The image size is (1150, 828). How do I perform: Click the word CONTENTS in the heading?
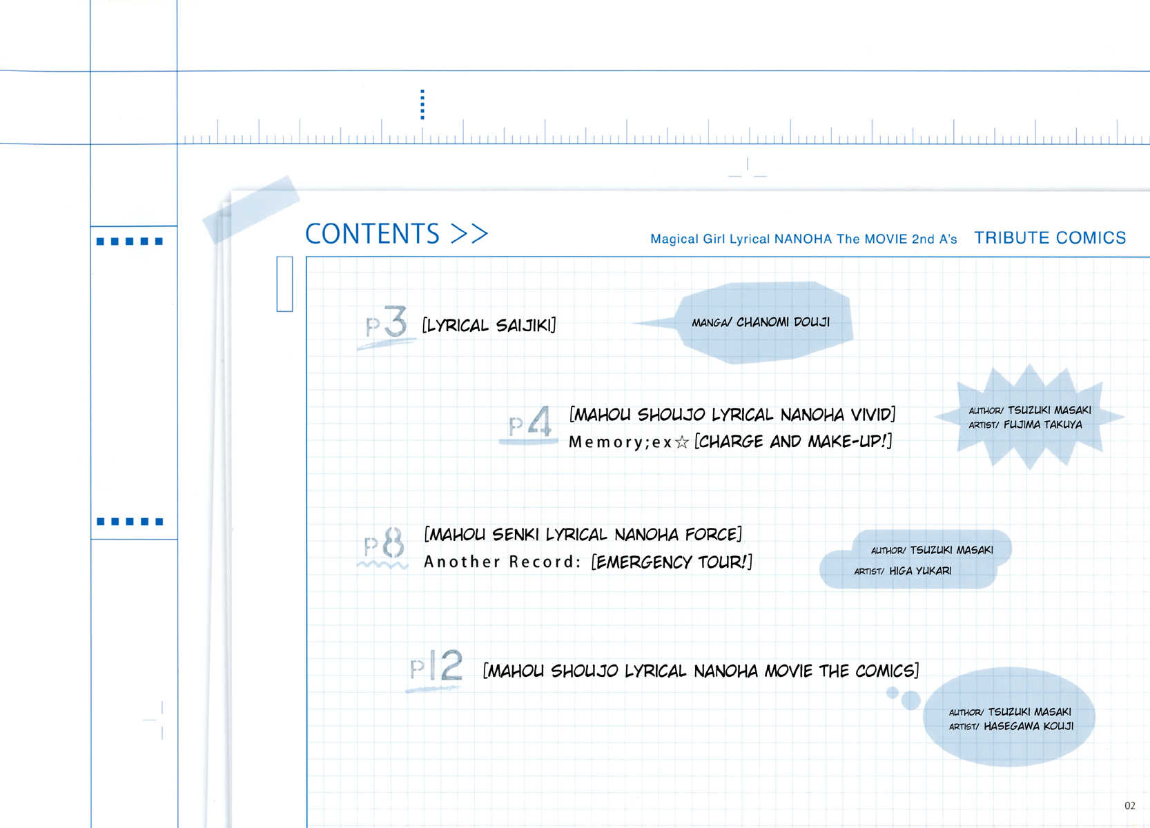tap(372, 233)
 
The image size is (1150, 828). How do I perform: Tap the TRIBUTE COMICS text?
tap(1050, 237)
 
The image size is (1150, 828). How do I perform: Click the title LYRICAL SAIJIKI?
tap(489, 326)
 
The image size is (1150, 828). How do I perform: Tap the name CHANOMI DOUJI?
tap(783, 322)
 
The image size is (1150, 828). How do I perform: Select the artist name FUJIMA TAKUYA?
tap(1043, 424)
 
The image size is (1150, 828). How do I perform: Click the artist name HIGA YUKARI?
tap(920, 571)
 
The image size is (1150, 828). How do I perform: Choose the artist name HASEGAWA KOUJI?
tap(1029, 726)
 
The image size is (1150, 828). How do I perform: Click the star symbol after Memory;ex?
tap(682, 442)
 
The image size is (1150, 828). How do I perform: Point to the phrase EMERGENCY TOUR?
tap(672, 562)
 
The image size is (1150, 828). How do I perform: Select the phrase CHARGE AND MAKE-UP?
tap(793, 441)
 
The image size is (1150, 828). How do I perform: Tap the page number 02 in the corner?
tap(1130, 805)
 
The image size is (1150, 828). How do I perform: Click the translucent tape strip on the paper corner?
tap(251, 209)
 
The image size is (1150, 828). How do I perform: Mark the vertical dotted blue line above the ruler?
tap(422, 104)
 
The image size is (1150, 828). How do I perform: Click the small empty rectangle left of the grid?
tap(284, 284)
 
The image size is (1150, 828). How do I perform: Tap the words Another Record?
tap(502, 562)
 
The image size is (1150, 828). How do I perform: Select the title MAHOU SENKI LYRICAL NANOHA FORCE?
tap(583, 534)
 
